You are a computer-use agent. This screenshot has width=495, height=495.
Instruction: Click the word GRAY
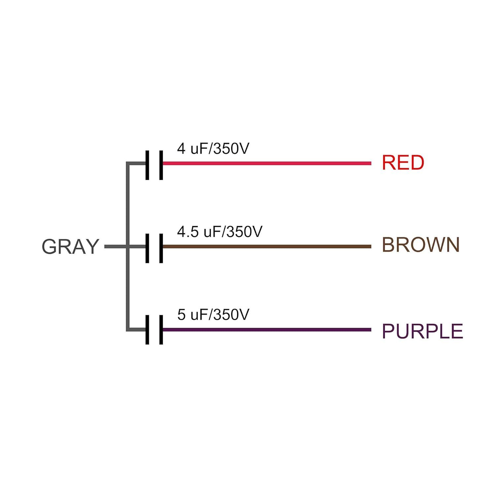70,247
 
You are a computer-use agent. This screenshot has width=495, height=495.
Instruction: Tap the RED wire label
403,163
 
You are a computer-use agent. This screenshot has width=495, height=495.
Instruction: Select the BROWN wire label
421,245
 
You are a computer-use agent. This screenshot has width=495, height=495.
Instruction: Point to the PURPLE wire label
422,331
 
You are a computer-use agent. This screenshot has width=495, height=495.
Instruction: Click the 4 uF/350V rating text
213,149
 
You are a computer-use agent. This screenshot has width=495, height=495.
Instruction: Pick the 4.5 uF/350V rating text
220,232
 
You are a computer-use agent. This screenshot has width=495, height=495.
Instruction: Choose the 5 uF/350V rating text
213,315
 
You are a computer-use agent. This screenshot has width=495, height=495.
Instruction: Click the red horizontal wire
267,163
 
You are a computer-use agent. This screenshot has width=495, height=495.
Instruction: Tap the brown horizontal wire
267,247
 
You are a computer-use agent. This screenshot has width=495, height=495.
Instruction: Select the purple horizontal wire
267,330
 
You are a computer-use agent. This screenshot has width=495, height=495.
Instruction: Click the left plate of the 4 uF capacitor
147,165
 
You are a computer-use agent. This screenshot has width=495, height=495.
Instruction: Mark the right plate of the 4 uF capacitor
161,165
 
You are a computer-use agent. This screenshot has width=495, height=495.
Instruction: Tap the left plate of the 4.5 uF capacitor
147,248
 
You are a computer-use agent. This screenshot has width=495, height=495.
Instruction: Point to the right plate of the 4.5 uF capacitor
161,248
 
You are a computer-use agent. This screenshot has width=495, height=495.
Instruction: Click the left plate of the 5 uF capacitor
147,330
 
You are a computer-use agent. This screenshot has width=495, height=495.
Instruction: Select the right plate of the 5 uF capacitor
161,330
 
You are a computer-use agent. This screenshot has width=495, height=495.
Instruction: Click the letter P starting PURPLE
388,331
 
